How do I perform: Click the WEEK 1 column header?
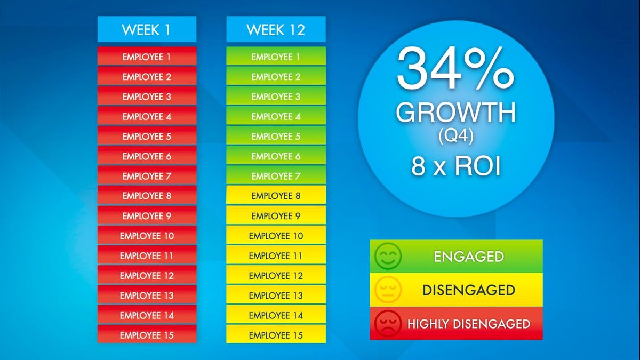pyautogui.click(x=147, y=29)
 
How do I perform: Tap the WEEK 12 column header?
pyautogui.click(x=276, y=29)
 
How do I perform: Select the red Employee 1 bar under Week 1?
pyautogui.click(x=147, y=56)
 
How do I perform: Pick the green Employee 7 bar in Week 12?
pyautogui.click(x=276, y=175)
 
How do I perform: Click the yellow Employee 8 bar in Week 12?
pyautogui.click(x=276, y=195)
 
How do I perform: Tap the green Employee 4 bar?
pyautogui.click(x=276, y=116)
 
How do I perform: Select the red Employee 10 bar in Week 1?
pyautogui.click(x=147, y=235)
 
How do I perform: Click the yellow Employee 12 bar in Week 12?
pyautogui.click(x=276, y=275)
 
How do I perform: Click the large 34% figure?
pyautogui.click(x=455, y=69)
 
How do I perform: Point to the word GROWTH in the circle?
pyautogui.click(x=456, y=113)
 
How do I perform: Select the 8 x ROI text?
pyautogui.click(x=456, y=166)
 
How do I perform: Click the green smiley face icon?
pyautogui.click(x=388, y=257)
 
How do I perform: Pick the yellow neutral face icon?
pyautogui.click(x=388, y=290)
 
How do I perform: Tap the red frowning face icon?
pyautogui.click(x=388, y=323)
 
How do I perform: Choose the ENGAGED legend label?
pyautogui.click(x=469, y=257)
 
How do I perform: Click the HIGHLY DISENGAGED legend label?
pyautogui.click(x=469, y=324)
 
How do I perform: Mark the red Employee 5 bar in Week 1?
pyautogui.click(x=147, y=135)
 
